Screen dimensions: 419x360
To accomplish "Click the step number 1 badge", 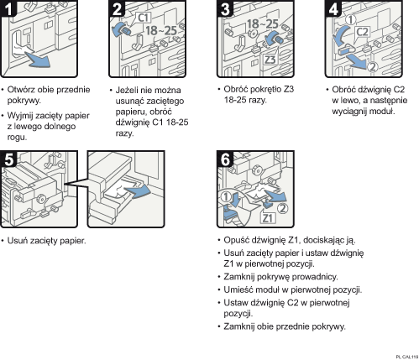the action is pos(8,8).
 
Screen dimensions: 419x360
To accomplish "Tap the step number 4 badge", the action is pos(333,8).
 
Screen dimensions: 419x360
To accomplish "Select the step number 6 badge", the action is pos(225,159).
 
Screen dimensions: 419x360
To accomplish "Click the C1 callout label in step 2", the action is pos(144,18).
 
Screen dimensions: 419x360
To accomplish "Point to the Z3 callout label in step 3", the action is pos(270,60).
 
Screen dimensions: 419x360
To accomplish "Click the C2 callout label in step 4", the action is pos(362,32).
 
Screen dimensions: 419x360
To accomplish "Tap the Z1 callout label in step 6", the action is pos(268,217).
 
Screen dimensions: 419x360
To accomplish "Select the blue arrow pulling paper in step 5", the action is pos(138,191).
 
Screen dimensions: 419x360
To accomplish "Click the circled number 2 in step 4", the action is pos(373,67).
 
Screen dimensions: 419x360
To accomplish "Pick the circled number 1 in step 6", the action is pos(226,197).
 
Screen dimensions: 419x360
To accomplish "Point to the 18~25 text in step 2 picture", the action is pos(161,30).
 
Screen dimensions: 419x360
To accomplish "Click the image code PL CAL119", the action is pos(407,357).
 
